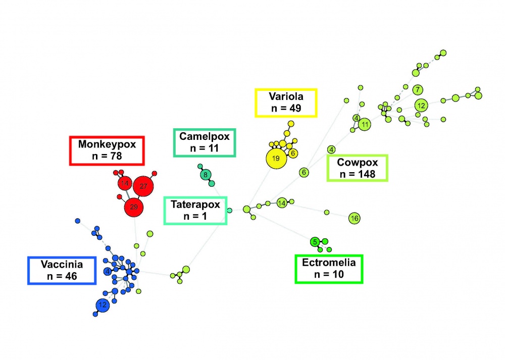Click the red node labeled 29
click(134, 207)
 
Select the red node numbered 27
click(143, 187)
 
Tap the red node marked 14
click(124, 183)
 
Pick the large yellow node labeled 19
click(276, 159)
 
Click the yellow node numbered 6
click(294, 152)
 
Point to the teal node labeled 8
click(206, 175)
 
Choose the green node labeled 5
click(315, 242)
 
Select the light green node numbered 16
click(354, 218)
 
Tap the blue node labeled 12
click(103, 305)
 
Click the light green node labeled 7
click(418, 90)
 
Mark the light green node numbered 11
click(365, 124)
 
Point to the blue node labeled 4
click(107, 272)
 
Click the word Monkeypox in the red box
click(107, 144)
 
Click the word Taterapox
click(195, 205)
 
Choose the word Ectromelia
click(329, 263)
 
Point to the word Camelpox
click(205, 136)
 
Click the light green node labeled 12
click(421, 106)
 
